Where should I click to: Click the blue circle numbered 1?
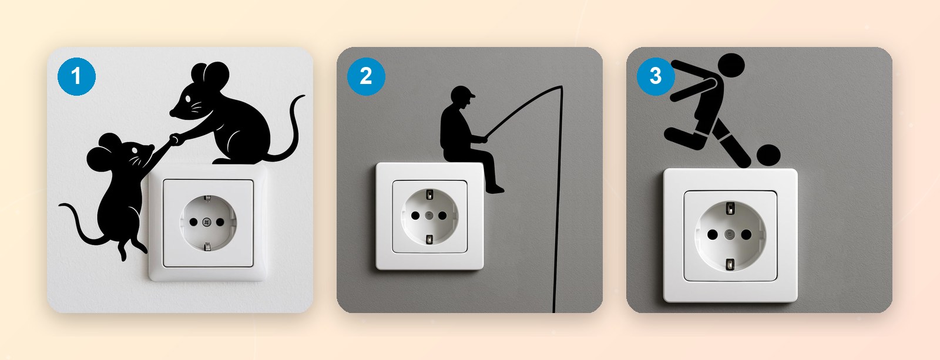point(76,76)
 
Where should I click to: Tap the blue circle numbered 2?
point(366,76)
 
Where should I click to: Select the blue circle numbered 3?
point(656,76)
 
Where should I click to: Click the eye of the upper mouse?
point(187,99)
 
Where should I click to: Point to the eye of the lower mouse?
point(135,150)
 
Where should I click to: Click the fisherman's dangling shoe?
point(495,190)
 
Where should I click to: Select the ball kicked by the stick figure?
point(768,155)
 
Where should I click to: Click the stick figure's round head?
point(731,65)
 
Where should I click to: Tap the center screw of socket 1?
point(206,222)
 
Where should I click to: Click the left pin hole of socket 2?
point(415,216)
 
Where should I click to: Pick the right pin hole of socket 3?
point(746,234)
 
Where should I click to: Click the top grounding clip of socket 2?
point(429,195)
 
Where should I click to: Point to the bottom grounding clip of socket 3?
point(730,264)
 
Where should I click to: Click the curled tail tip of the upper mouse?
point(303,96)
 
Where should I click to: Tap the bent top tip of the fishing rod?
point(561,87)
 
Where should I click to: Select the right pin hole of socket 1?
point(220,222)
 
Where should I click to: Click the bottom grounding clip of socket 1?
point(207,246)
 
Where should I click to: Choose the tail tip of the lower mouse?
point(61,205)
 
